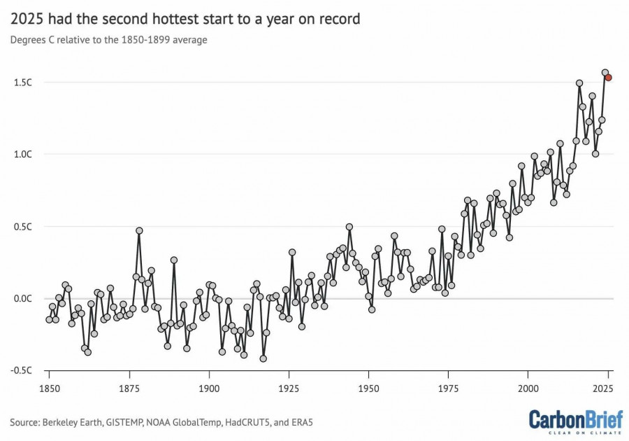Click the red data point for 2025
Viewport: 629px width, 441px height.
(x=608, y=78)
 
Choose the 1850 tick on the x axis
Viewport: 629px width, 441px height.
(x=49, y=388)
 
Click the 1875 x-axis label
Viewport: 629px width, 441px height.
(x=129, y=388)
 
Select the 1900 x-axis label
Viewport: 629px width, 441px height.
(x=209, y=388)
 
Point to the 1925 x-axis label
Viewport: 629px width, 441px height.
(x=289, y=388)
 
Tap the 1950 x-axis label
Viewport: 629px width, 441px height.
(x=368, y=388)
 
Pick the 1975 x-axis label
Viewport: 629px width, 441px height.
(x=448, y=388)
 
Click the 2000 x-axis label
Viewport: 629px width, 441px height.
(x=528, y=388)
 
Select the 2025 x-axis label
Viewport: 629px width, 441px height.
(x=607, y=388)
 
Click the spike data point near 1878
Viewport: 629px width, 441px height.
(x=139, y=230)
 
